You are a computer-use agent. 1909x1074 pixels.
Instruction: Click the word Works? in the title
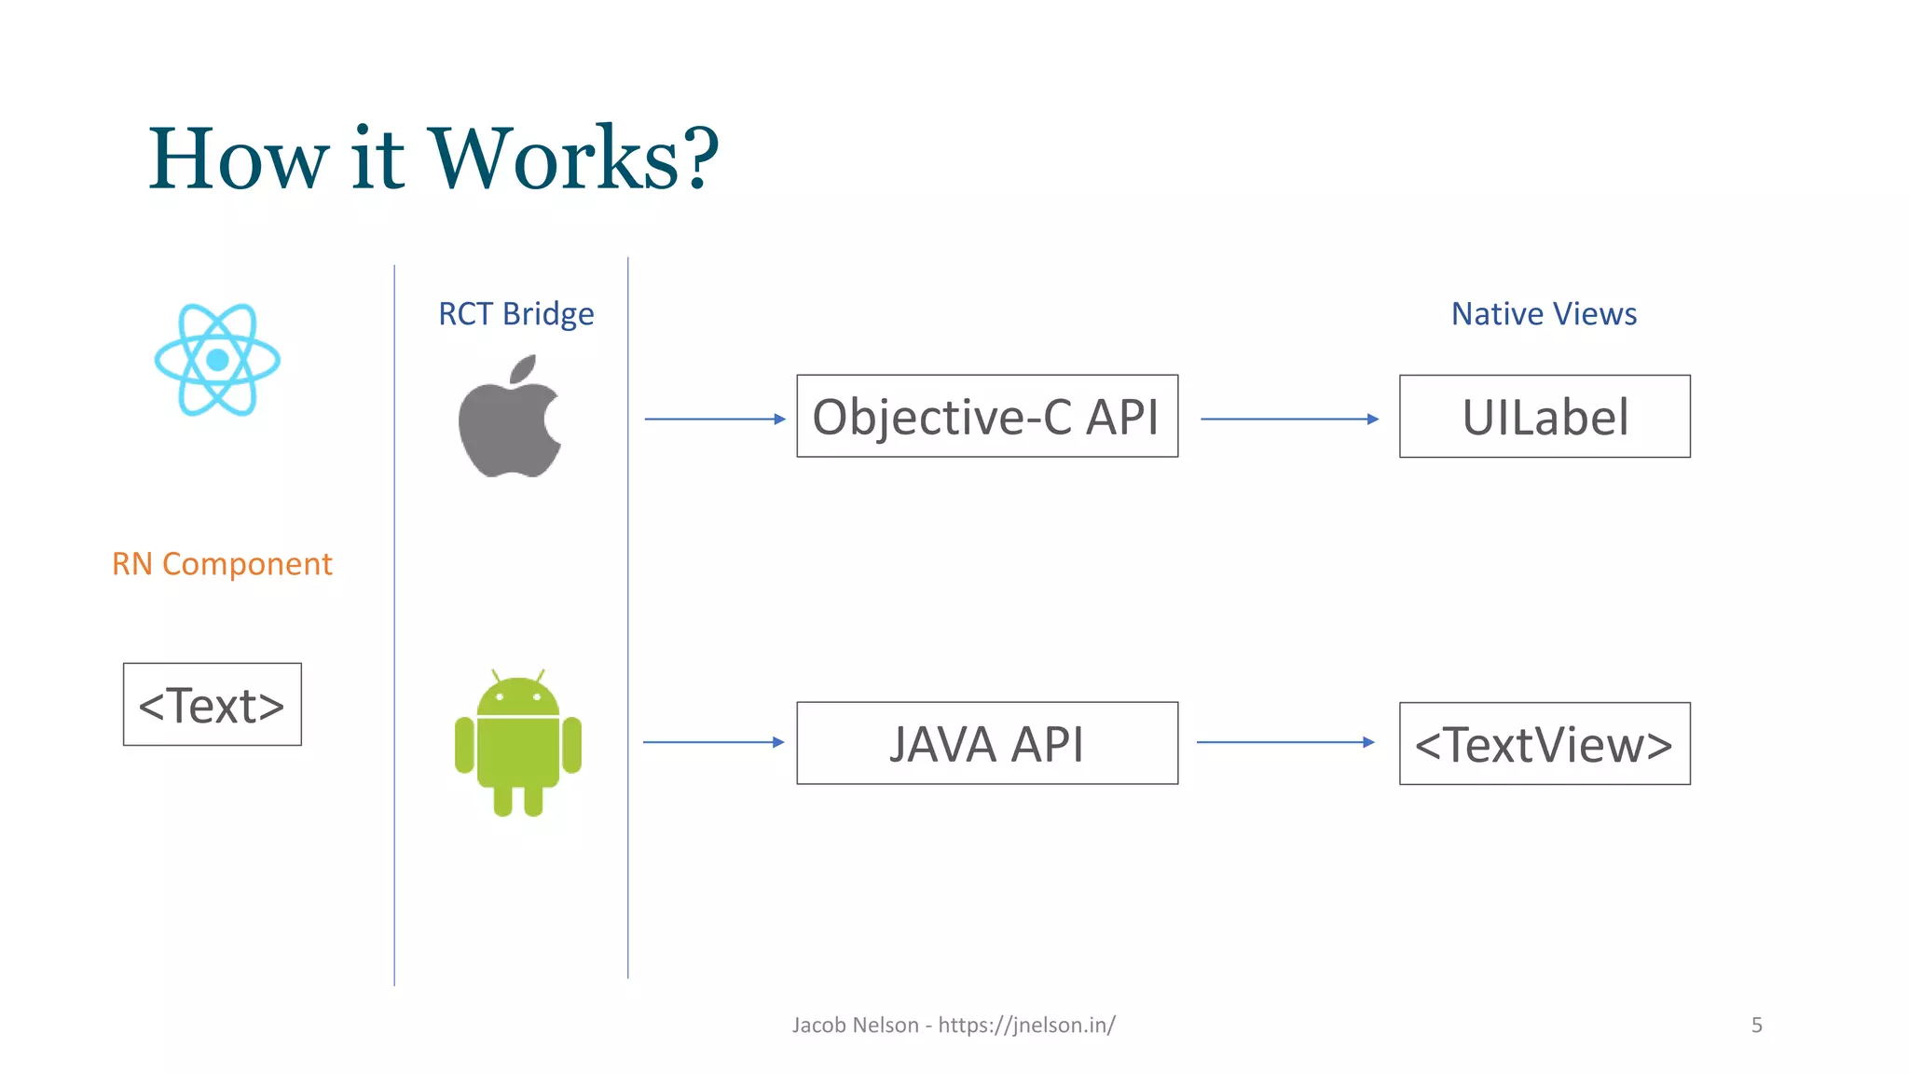point(573,158)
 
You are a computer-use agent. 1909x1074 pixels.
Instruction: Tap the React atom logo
point(217,360)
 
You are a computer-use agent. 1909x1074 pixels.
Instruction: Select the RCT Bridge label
point(515,314)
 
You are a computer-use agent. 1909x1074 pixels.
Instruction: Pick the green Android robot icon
point(518,743)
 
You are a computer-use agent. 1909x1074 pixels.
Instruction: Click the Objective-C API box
point(987,417)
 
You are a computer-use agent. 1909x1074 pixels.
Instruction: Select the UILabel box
point(1545,417)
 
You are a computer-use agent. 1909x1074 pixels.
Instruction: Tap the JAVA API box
point(987,743)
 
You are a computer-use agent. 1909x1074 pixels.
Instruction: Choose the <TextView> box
point(1545,744)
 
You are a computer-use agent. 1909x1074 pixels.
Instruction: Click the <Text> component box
point(213,705)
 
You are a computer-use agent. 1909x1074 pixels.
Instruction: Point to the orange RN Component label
point(222,564)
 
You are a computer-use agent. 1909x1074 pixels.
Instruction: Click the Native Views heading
point(1544,314)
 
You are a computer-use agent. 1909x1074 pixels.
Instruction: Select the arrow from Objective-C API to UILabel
point(1289,420)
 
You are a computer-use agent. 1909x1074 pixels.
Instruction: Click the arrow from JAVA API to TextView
point(1285,742)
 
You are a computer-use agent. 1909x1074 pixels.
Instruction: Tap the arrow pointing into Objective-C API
point(715,420)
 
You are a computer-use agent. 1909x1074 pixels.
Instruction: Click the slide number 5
point(1756,1026)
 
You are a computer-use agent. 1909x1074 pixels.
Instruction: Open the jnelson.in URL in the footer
point(1026,1026)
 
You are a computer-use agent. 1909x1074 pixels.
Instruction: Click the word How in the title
point(239,158)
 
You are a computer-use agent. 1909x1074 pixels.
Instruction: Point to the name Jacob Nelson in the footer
point(855,1026)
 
